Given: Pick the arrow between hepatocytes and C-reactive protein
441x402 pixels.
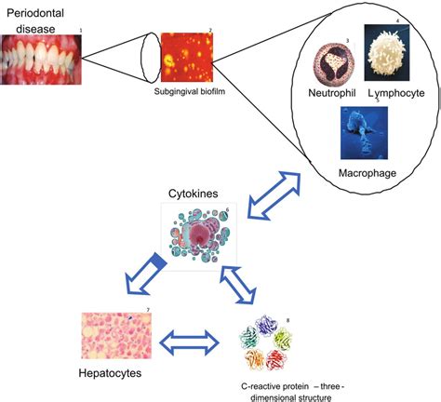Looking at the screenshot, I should [191, 339].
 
